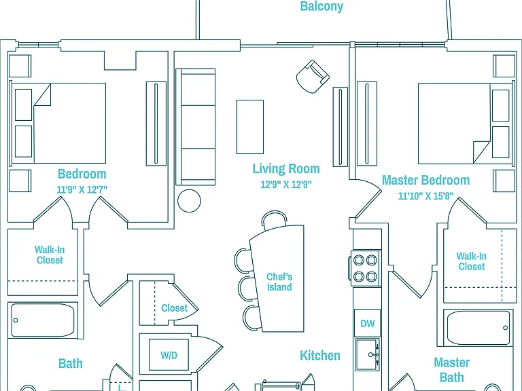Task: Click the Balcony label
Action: pos(321,6)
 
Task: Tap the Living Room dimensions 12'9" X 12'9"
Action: pos(286,184)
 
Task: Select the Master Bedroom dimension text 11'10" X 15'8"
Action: pos(426,195)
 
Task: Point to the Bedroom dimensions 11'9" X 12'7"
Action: pos(82,189)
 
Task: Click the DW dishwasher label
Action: pos(368,324)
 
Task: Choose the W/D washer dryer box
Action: pos(169,355)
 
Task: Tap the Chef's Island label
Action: pos(279,282)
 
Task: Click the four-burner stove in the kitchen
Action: pos(365,268)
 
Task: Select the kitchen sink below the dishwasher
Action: pos(368,355)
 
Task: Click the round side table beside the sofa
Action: pos(189,201)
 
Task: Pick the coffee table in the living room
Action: pos(250,127)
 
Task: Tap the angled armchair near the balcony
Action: pos(313,77)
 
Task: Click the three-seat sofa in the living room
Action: pos(196,127)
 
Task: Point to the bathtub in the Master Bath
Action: pos(478,328)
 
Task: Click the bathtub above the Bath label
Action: pos(43,320)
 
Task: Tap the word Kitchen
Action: pos(320,356)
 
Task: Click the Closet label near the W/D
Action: pos(174,308)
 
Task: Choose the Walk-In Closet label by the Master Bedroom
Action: pos(472,261)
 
